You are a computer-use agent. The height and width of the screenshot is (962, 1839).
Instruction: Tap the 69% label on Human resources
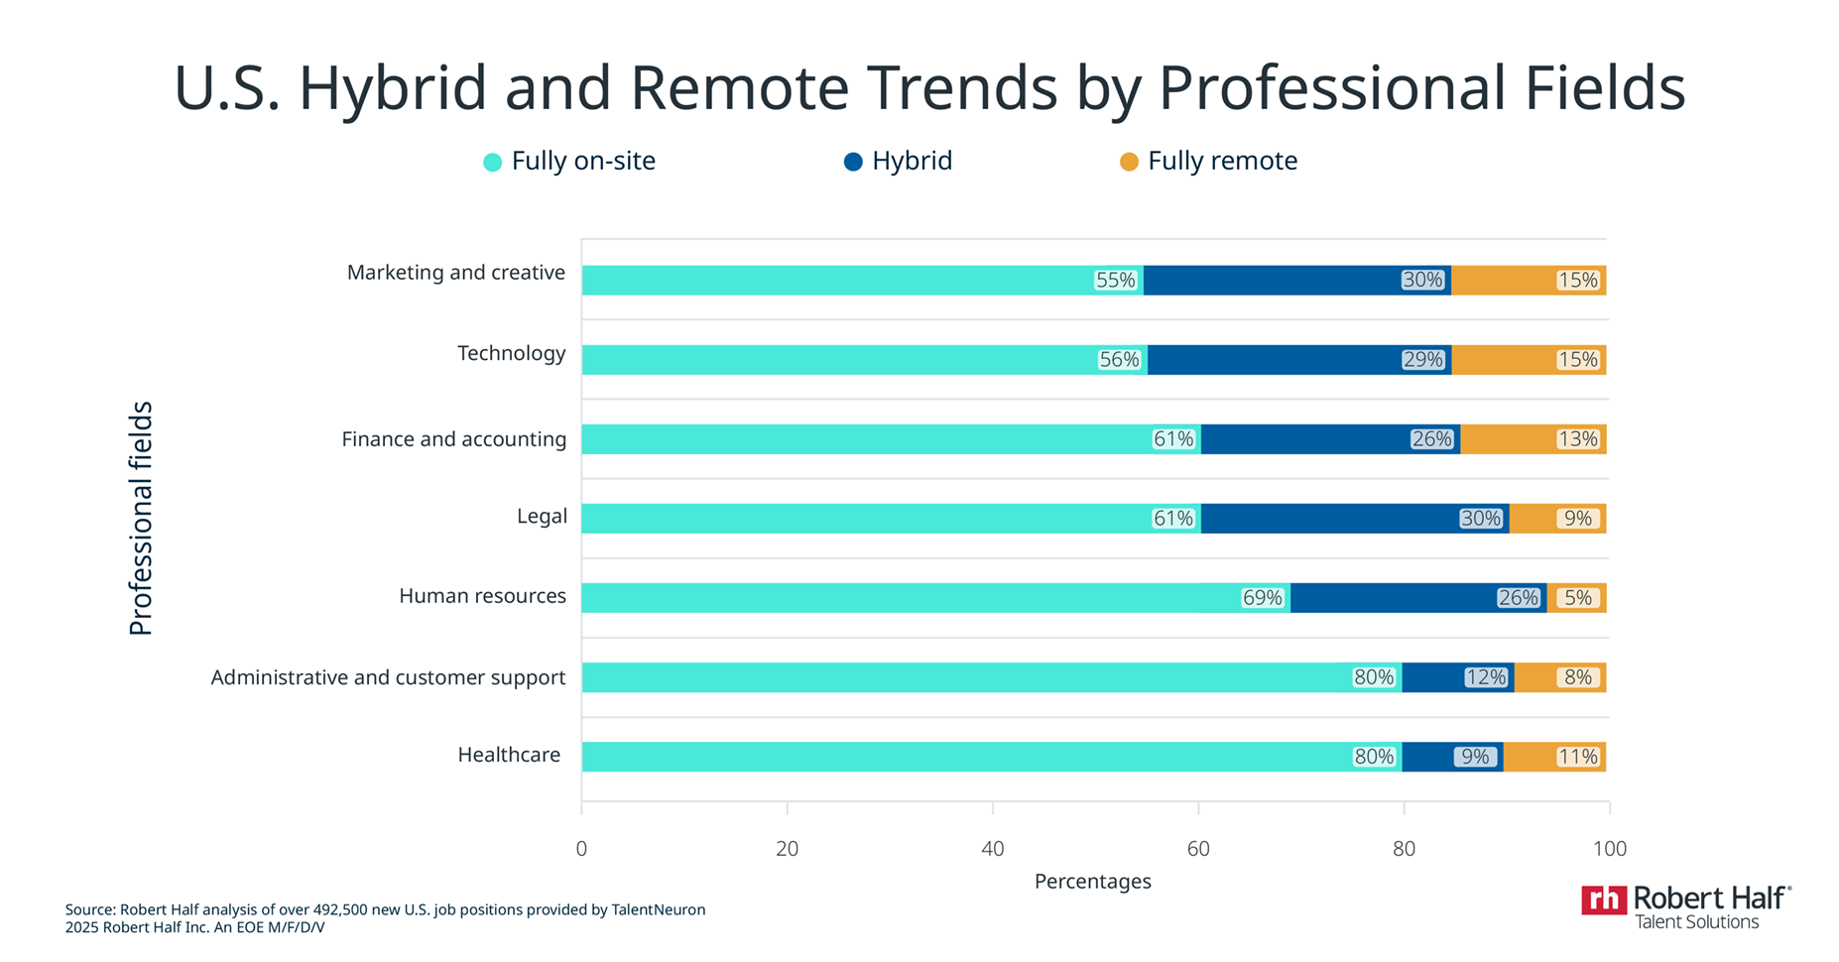pos(1262,598)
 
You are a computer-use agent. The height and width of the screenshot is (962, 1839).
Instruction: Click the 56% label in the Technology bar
pos(1119,360)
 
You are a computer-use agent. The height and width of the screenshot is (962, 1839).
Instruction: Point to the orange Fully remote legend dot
pos(1129,162)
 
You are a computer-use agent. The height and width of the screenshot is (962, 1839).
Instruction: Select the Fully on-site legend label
pos(582,162)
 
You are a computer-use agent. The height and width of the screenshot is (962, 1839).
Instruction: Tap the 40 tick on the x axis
pos(992,849)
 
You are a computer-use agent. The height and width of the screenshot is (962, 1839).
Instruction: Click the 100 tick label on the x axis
pos(1609,849)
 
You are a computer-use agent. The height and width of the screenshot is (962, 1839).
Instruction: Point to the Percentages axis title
pos(1092,881)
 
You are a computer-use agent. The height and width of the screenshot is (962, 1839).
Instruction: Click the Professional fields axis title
pos(141,518)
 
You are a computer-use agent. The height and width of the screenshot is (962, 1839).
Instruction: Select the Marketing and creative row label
pos(455,273)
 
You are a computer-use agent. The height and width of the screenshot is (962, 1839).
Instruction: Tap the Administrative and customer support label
pos(388,677)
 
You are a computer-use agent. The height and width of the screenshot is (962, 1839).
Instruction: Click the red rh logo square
pos(1603,900)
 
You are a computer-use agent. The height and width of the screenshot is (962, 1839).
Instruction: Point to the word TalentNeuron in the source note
pos(658,909)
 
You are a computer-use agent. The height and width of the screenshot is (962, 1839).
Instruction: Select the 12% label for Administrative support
pos(1485,677)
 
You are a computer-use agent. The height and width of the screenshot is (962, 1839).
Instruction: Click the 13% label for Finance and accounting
pos(1577,439)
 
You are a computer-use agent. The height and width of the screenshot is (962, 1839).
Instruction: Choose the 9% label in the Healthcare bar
pos(1474,757)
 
